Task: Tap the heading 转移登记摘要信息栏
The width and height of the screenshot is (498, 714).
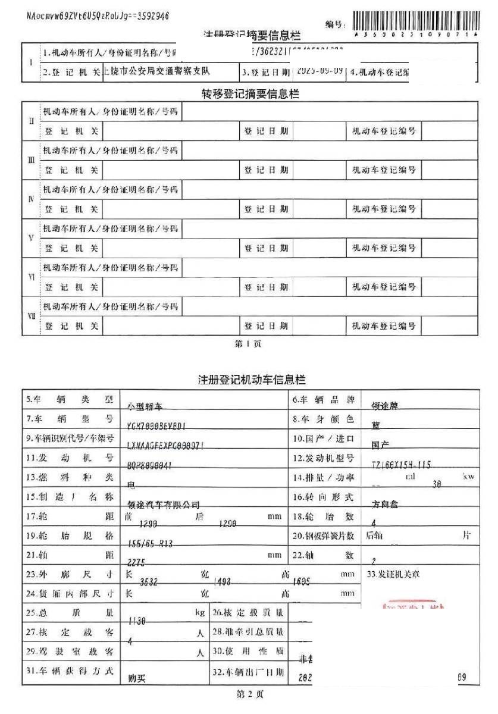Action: point(250,94)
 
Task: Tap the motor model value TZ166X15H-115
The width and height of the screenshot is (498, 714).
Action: point(400,465)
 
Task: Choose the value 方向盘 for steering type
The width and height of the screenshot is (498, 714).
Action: point(386,505)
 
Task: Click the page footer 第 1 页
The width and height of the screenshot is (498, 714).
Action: point(249,344)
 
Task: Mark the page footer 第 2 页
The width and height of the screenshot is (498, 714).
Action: point(250,694)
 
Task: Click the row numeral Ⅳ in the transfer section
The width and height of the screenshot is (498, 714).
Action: point(31,199)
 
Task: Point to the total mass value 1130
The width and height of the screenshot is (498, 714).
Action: point(137,621)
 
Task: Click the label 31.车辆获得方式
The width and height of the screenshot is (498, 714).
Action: point(70,671)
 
